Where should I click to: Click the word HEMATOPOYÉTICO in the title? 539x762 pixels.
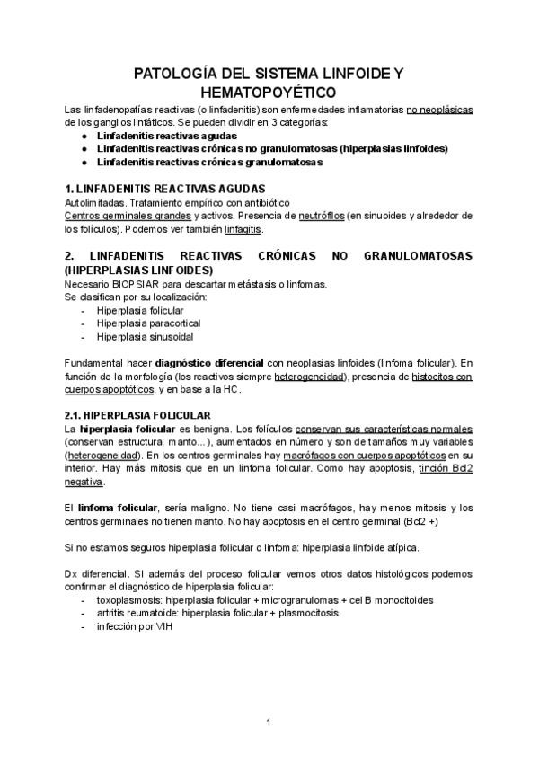point(269,92)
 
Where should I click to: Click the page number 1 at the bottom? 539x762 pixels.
point(269,722)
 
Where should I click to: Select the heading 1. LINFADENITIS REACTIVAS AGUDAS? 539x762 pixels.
point(165,189)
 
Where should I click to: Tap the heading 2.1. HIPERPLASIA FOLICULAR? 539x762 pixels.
point(137,415)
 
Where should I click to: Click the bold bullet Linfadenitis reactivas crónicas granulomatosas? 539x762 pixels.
point(209,163)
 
